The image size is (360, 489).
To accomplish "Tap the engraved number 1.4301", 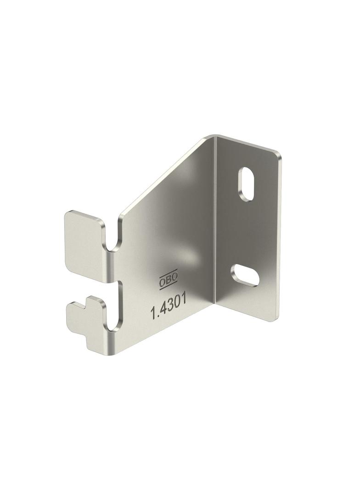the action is coord(169,307).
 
